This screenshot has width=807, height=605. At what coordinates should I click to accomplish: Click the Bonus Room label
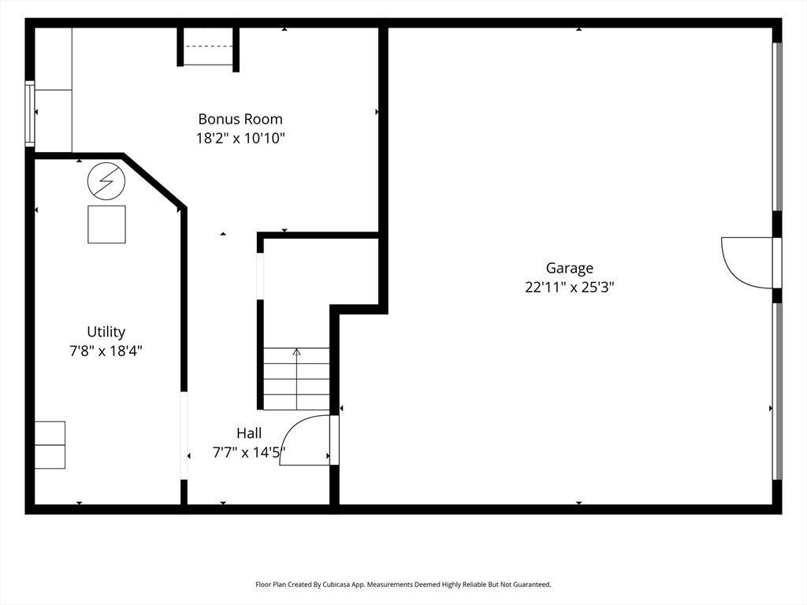click(240, 120)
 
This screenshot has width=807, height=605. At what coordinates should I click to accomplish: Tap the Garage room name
click(569, 269)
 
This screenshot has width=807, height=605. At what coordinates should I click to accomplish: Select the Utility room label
click(106, 332)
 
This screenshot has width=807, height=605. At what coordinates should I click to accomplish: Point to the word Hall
click(249, 433)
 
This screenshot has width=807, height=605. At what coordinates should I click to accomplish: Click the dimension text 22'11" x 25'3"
click(569, 287)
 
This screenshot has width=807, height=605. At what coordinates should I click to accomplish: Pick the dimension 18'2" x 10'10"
click(240, 139)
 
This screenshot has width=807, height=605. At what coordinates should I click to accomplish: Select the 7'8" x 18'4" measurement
click(106, 351)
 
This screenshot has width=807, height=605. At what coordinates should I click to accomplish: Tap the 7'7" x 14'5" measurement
click(249, 452)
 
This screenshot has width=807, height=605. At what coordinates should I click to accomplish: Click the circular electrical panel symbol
click(106, 181)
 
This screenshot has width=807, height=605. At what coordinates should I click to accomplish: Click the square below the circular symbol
click(106, 225)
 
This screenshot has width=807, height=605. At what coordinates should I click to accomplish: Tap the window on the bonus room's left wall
click(31, 113)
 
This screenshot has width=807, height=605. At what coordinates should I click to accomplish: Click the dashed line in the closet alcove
click(208, 46)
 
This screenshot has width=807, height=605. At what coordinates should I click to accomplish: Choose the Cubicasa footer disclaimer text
click(403, 585)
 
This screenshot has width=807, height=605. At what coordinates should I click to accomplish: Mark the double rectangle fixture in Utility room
click(50, 445)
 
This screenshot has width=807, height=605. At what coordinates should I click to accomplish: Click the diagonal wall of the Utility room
click(154, 180)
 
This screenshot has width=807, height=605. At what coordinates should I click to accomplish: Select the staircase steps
click(296, 379)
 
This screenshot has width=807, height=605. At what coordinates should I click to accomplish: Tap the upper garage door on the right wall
click(778, 127)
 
